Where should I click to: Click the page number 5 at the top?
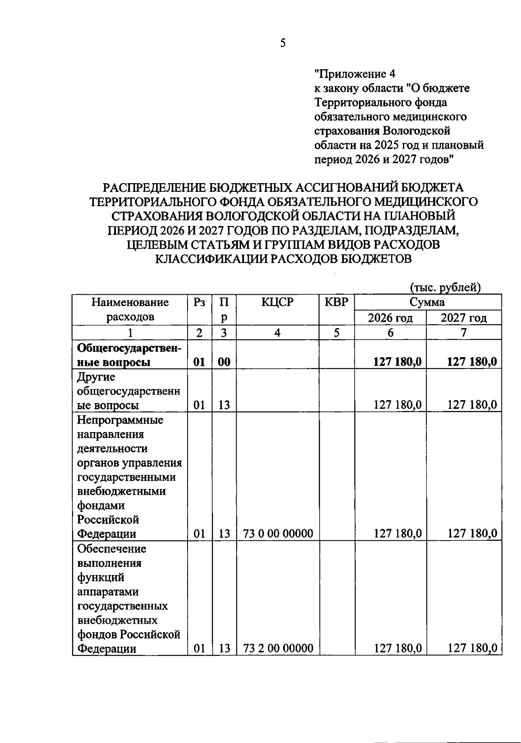pyautogui.click(x=283, y=43)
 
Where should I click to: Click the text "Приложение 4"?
pyautogui.click(x=354, y=74)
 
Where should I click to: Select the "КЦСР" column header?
pyautogui.click(x=277, y=302)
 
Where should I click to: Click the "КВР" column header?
pyautogui.click(x=336, y=302)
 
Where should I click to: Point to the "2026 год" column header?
pyautogui.click(x=390, y=318)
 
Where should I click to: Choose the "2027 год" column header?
pyautogui.click(x=463, y=318)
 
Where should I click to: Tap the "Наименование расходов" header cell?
pyautogui.click(x=130, y=309)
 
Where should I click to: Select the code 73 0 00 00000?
pyautogui.click(x=278, y=533)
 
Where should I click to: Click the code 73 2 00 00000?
pyautogui.click(x=278, y=648)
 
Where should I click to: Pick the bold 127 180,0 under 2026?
pyautogui.click(x=397, y=362)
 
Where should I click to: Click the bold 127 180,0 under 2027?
pyautogui.click(x=472, y=362)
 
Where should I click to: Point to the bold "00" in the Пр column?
pyautogui.click(x=224, y=362)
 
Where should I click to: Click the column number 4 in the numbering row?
pyautogui.click(x=277, y=333)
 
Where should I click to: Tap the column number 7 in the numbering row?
pyautogui.click(x=463, y=333)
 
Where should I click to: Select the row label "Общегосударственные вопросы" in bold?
pyautogui.click(x=129, y=355)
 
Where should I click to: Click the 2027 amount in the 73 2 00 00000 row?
pyautogui.click(x=472, y=648)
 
